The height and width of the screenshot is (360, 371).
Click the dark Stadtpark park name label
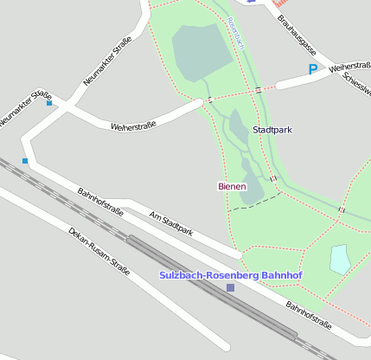(x=272, y=130)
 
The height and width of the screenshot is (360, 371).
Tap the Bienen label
(x=231, y=186)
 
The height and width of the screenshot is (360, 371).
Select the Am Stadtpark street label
(x=171, y=222)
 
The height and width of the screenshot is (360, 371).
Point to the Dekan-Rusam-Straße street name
(x=99, y=252)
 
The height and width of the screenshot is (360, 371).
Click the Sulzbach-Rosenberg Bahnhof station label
(x=230, y=275)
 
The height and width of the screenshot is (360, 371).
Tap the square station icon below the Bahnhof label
(x=230, y=287)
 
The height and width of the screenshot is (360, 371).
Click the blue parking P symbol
(x=312, y=69)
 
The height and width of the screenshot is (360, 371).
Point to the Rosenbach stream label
(x=237, y=32)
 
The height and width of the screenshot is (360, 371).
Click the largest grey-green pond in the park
(x=201, y=51)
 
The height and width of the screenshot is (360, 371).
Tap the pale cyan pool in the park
(x=340, y=258)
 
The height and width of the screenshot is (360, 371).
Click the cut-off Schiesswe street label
(x=357, y=83)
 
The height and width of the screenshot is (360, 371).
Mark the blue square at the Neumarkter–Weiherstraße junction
(x=49, y=103)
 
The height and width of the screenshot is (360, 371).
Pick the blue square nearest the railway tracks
(x=25, y=161)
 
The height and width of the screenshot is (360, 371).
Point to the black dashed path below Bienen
(x=255, y=202)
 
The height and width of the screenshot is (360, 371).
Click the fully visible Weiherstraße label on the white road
(x=133, y=126)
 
